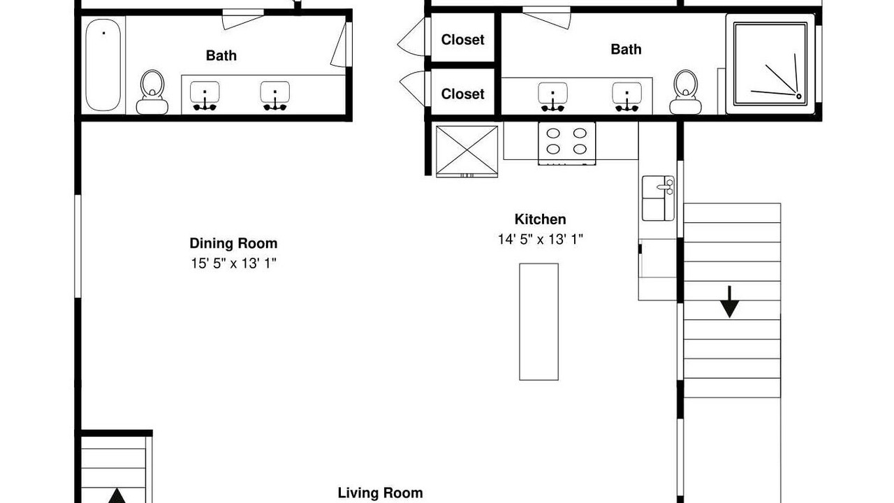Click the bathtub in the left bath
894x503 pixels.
[103, 65]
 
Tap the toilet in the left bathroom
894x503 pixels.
[152, 93]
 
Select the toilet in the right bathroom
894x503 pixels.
[686, 92]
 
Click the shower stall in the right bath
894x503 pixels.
[770, 64]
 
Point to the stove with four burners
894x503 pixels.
[566, 143]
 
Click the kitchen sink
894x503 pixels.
[658, 198]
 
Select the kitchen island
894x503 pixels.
[538, 322]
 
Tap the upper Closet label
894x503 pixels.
[462, 40]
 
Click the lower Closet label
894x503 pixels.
[462, 94]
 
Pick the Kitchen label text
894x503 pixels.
[540, 219]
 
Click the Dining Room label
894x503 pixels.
[233, 243]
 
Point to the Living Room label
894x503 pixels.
[381, 493]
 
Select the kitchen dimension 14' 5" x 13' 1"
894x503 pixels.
[541, 239]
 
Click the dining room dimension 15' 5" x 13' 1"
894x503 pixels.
[233, 263]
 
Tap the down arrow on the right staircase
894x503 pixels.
[730, 302]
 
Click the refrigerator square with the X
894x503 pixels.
[467, 151]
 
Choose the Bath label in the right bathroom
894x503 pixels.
[626, 49]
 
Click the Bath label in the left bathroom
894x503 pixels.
[221, 55]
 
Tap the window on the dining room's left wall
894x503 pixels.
[78, 246]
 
